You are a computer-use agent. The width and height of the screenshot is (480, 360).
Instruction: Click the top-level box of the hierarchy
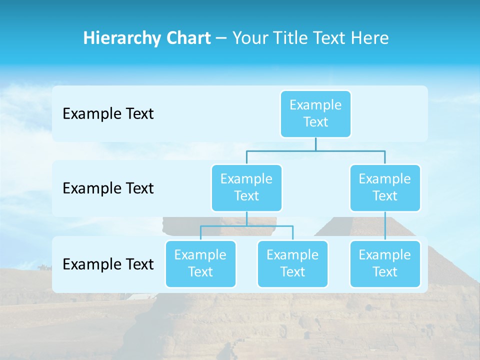315,113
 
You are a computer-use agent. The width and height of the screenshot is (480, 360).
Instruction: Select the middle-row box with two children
246,187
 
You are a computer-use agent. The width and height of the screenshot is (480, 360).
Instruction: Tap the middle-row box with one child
385,187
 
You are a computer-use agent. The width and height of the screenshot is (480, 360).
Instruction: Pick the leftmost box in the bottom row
200,263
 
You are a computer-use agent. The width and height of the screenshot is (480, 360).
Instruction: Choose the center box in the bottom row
292,263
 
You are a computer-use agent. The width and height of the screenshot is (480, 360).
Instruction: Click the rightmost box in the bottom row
385,263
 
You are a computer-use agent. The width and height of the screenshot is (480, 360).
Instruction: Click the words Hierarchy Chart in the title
147,38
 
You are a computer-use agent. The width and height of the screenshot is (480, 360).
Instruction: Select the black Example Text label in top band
108,114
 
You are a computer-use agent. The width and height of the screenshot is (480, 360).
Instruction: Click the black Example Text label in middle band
108,188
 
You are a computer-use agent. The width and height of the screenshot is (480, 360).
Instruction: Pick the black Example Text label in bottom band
108,264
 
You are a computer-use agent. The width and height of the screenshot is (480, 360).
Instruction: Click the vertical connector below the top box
315,144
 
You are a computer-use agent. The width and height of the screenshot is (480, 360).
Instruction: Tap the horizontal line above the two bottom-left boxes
246,226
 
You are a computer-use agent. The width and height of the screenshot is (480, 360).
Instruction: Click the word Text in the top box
315,122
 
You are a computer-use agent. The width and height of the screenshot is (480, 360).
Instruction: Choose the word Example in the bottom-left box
200,255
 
